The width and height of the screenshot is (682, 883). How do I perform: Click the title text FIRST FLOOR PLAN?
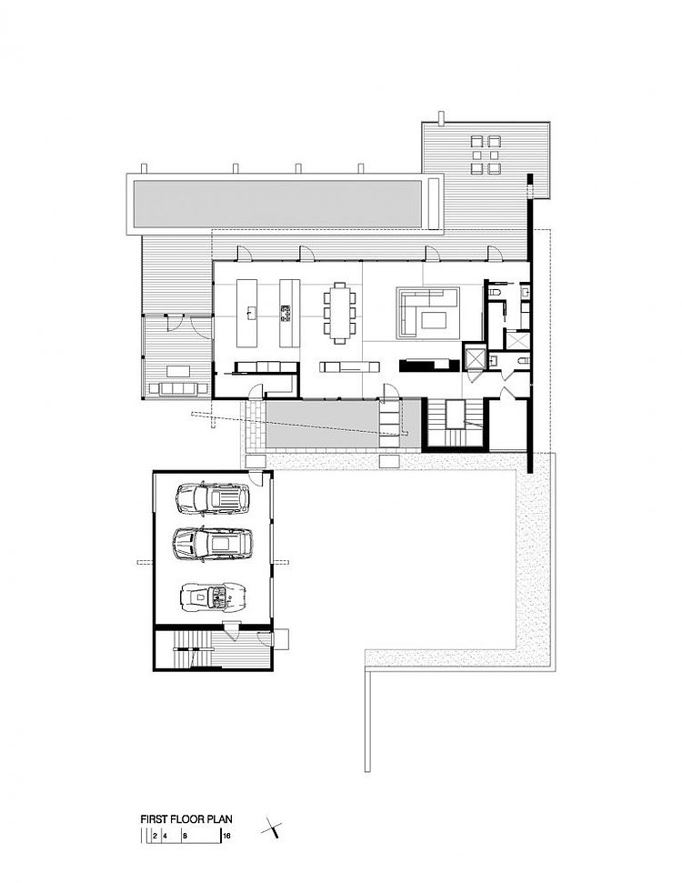coord(186,819)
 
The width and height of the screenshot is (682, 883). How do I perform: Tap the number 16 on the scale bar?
coord(227,837)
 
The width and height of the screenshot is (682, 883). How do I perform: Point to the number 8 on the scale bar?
coord(185,837)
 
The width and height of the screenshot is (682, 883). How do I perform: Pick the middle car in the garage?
coord(213,544)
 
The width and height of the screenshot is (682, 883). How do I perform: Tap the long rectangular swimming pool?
coord(276,204)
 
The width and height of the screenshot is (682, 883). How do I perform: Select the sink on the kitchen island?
coord(249,311)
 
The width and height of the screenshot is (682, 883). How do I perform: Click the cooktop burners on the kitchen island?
coord(285,313)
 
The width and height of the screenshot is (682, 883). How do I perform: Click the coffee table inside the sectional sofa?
coord(433,320)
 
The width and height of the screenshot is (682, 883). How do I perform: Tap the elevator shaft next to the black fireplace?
coord(474,357)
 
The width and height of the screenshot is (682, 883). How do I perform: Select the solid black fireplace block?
coord(425,365)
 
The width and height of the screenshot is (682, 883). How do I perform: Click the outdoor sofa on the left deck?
coord(176,389)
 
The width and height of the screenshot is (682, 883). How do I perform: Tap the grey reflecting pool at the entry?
coord(344,424)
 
